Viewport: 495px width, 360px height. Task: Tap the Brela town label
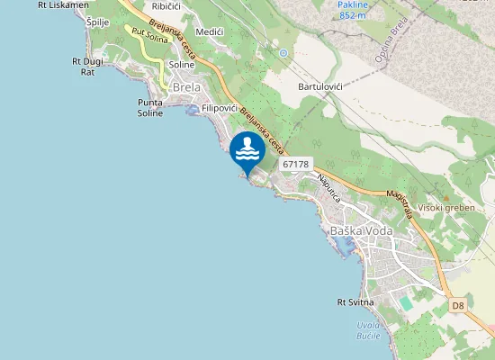click(x=185, y=87)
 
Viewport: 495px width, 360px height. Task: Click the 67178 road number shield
click(x=295, y=164)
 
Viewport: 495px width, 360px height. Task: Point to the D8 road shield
click(x=458, y=306)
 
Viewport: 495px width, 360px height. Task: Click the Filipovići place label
click(x=220, y=108)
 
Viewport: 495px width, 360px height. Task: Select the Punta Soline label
click(x=149, y=108)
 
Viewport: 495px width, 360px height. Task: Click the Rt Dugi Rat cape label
click(x=88, y=67)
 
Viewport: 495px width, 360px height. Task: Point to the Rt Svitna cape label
click(x=355, y=302)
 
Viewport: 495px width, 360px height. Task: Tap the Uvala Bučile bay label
click(x=366, y=329)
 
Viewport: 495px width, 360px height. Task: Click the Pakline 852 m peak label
click(x=352, y=10)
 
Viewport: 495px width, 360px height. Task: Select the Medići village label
click(x=209, y=31)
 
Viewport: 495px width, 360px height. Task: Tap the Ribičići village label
click(x=166, y=6)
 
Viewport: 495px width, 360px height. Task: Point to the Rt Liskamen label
click(x=63, y=4)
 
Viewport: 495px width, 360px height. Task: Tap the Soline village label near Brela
click(x=182, y=65)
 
